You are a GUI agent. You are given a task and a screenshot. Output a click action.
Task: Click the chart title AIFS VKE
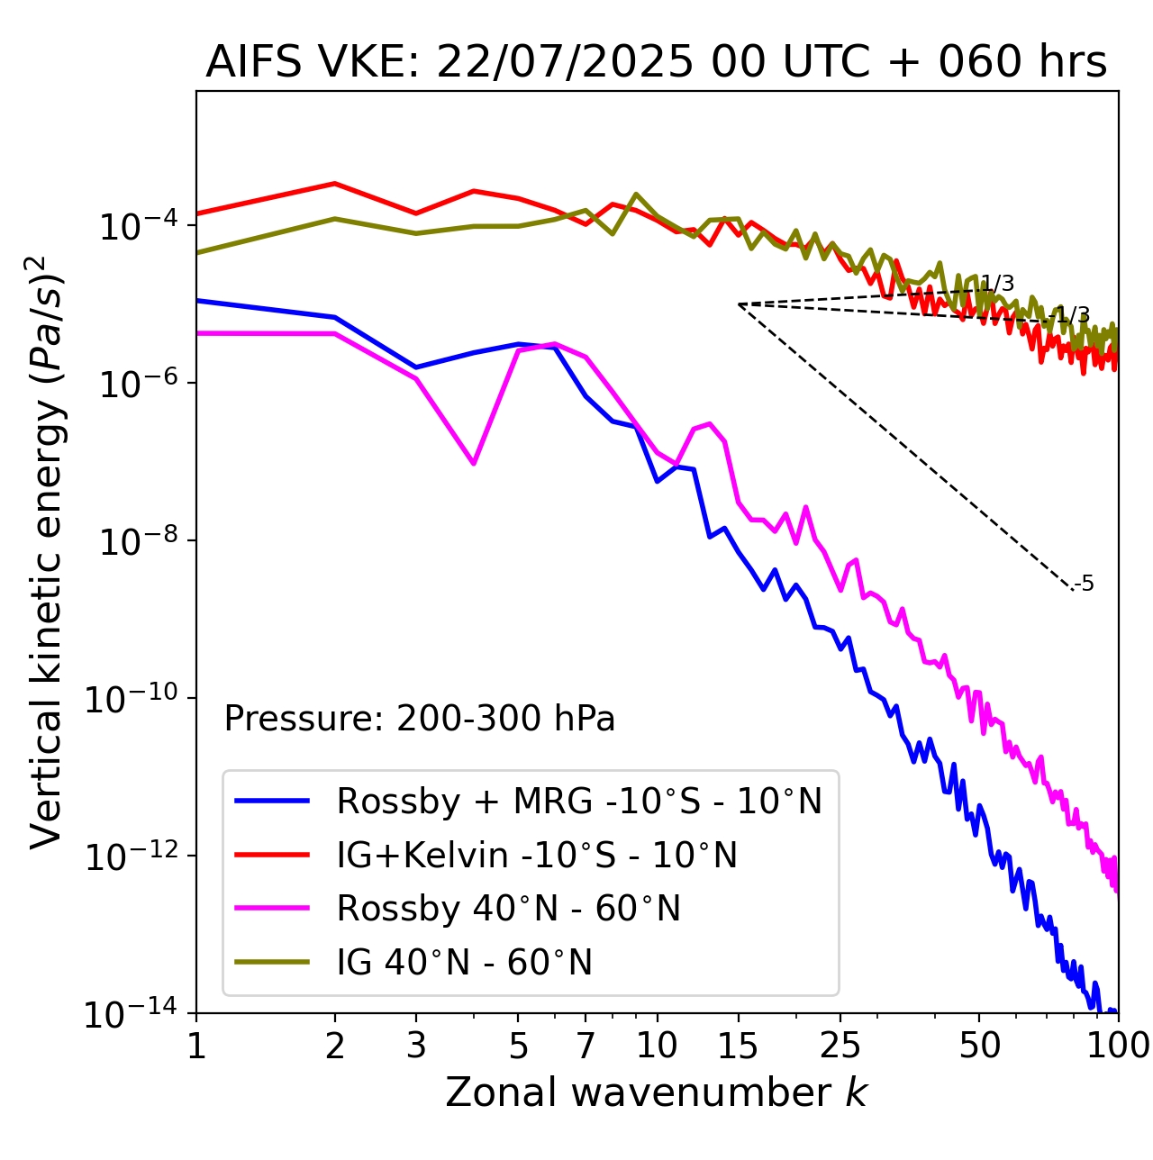coord(656,63)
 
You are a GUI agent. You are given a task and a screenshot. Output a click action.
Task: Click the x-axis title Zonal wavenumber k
coord(656,1092)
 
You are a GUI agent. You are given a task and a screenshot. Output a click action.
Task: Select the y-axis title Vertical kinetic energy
coord(47,550)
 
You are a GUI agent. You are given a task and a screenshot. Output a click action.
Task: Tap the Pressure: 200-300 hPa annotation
coord(419,719)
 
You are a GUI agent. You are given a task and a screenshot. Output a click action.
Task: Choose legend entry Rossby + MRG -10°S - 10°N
coord(579,801)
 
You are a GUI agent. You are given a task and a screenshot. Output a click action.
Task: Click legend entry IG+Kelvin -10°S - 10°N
coord(537,855)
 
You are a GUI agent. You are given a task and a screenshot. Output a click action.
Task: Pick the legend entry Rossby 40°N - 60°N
coord(508,909)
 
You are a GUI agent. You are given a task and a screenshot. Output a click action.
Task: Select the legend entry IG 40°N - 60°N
coord(464,963)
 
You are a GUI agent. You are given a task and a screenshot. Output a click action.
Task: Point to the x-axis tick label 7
coord(586,1046)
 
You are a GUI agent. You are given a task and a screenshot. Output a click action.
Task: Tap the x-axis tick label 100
coord(1117,1046)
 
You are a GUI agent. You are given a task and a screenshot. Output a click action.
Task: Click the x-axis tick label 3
coord(416,1046)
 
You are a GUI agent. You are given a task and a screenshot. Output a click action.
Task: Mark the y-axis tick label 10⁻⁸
coord(136,541)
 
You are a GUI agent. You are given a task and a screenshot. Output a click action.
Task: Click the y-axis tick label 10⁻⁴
coord(136,226)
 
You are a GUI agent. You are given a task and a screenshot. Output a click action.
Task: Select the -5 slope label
coord(1085,585)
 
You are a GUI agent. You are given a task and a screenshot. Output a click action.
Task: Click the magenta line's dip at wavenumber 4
coord(474,463)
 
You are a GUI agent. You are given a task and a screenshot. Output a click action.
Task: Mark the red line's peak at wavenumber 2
coord(335,184)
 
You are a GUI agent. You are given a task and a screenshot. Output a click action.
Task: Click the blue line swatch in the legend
coord(272,801)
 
